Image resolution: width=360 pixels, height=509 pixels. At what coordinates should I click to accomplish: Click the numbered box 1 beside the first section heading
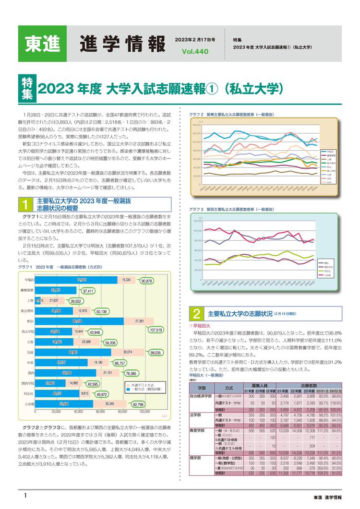pos(25,205)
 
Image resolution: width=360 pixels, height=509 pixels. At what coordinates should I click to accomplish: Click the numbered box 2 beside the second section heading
pos(196,315)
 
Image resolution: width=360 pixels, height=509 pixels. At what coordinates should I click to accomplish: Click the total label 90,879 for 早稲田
pos(147,281)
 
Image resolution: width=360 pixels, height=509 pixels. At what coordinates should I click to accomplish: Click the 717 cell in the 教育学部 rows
pos(312,438)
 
